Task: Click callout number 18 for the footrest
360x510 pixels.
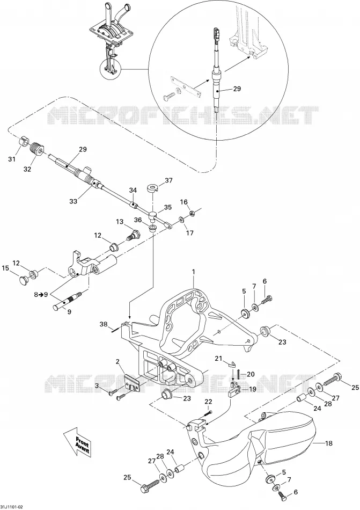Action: pos(329,443)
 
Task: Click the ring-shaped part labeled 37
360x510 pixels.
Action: pos(152,188)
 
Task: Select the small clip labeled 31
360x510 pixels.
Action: pos(22,142)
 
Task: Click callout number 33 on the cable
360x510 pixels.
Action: pos(74,201)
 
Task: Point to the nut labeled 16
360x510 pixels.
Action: pos(192,214)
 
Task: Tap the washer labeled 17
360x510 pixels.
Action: pos(181,220)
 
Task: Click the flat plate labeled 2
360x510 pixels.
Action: pos(133,381)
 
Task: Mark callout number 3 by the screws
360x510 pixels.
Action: pos(97,385)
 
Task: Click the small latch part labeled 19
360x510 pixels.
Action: pos(234,389)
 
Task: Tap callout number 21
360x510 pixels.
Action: pos(218,358)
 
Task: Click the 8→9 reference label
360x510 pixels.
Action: pos(41,295)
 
